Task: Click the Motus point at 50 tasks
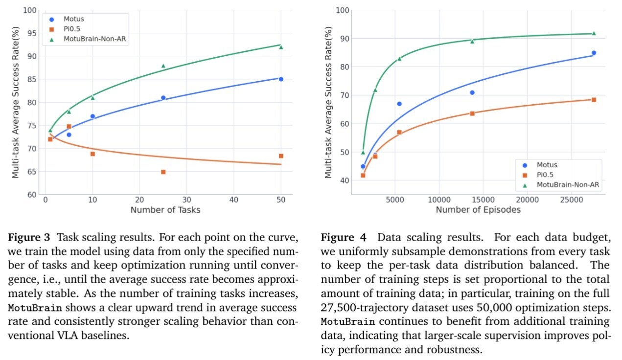click(281, 79)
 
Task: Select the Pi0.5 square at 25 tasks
click(163, 172)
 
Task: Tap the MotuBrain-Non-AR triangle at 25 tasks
click(163, 66)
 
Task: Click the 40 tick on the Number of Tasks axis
click(233, 200)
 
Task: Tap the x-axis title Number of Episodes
click(478, 210)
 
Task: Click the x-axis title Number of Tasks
click(165, 210)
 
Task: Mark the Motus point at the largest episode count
click(594, 53)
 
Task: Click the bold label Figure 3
click(29, 238)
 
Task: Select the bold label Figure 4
click(342, 238)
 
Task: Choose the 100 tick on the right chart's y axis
click(343, 10)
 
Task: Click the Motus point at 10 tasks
click(92, 116)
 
